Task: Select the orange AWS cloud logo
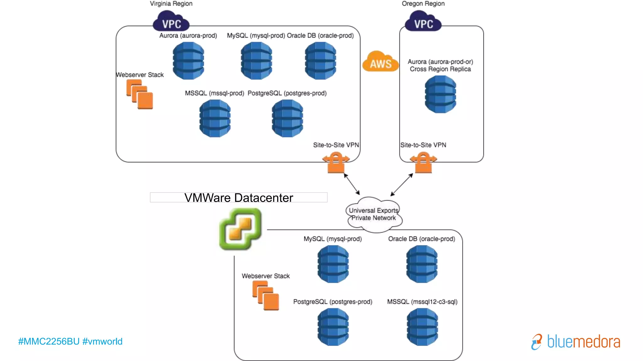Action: [x=381, y=62]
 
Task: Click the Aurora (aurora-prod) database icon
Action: [x=188, y=61]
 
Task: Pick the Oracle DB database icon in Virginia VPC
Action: [x=321, y=61]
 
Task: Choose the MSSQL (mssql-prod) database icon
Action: [x=215, y=118]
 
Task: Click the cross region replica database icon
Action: [x=440, y=94]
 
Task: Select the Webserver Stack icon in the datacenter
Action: [x=266, y=296]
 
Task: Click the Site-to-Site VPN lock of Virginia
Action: [x=336, y=163]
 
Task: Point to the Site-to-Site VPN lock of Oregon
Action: [x=423, y=163]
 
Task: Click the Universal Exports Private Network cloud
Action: [x=374, y=215]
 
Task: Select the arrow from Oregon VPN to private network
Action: [x=402, y=185]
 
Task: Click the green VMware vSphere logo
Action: [x=240, y=229]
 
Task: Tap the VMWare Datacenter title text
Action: [x=239, y=198]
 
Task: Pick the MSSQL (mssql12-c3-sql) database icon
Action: [x=422, y=327]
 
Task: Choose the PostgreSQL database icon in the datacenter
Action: [x=333, y=327]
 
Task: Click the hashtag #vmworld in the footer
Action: [x=102, y=341]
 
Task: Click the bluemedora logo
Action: [x=576, y=342]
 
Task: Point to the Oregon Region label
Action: [x=423, y=4]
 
